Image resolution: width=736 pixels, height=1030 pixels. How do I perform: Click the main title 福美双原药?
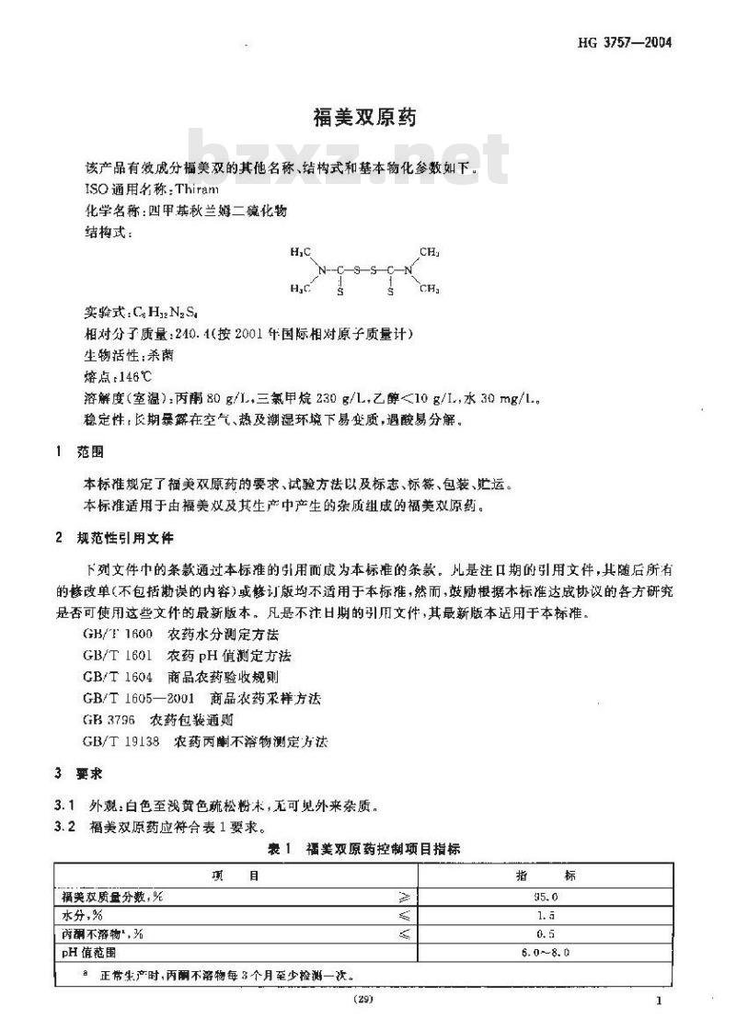pyautogui.click(x=366, y=118)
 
